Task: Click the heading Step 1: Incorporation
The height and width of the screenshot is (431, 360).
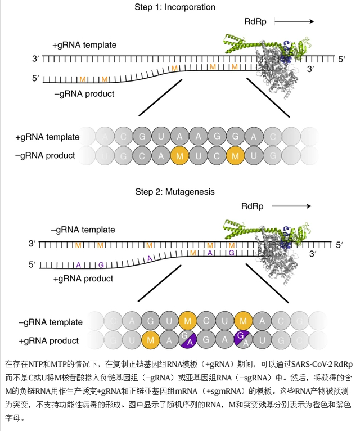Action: click(175, 7)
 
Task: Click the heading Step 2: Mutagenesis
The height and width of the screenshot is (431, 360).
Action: click(175, 191)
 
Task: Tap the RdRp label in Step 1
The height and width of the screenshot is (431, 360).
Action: click(255, 22)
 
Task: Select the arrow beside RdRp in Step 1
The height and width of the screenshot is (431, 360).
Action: click(294, 22)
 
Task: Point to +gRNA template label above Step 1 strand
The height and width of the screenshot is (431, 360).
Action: click(84, 45)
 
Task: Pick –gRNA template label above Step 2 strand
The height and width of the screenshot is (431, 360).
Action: click(83, 230)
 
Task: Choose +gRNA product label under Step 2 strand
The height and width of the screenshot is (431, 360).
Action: click(83, 278)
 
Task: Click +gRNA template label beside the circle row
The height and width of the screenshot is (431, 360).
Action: click(48, 137)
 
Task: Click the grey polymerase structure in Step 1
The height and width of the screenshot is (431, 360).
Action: click(276, 73)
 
